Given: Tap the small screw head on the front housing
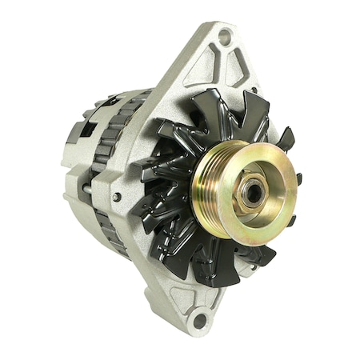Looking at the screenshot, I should [x=118, y=197].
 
